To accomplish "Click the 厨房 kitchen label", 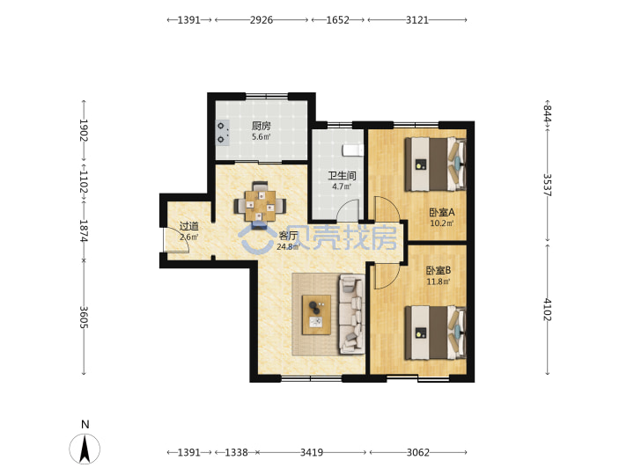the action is click(262, 126).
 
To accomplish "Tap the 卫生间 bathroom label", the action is click(342, 176).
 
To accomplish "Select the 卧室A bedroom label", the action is click(442, 212).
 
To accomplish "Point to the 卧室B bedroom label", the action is click(439, 270).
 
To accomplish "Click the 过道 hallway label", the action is click(188, 227).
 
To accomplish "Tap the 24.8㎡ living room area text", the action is click(288, 246).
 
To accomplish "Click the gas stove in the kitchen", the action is click(222, 133).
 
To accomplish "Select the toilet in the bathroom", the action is click(353, 150).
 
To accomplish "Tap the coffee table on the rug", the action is click(317, 315).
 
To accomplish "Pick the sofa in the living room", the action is click(351, 314).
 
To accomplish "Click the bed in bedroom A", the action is click(436, 164).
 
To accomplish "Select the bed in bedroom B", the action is click(436, 332).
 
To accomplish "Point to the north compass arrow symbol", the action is click(85, 449).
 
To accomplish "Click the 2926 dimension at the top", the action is click(262, 19).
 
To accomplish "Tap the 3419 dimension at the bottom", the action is click(312, 452).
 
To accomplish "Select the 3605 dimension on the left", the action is click(84, 317).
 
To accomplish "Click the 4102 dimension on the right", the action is click(547, 310).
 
